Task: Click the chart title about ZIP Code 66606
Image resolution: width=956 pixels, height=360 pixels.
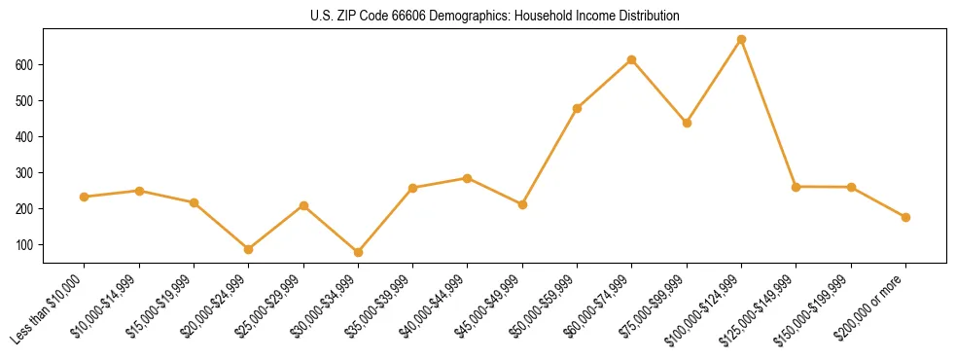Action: tap(494, 17)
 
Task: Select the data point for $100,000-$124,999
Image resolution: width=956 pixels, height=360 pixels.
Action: tap(741, 40)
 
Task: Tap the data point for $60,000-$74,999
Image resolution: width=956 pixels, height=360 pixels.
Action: tap(632, 60)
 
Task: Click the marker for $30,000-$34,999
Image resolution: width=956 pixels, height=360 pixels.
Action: tap(358, 252)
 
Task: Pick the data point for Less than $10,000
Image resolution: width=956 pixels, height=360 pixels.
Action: tap(85, 197)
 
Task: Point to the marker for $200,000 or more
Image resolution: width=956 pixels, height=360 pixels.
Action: tap(905, 217)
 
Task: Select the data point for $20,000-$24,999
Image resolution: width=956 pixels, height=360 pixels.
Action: tap(249, 249)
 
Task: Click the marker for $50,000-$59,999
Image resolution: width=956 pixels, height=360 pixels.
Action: tap(577, 108)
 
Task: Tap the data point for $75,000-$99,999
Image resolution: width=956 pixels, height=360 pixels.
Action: tap(687, 124)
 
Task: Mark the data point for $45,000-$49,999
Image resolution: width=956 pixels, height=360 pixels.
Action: tap(522, 204)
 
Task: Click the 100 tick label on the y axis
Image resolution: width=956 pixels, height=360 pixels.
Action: tap(28, 245)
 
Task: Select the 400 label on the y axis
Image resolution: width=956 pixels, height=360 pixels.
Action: tap(28, 137)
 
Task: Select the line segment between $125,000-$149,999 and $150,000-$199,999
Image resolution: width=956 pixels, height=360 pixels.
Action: tap(824, 187)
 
